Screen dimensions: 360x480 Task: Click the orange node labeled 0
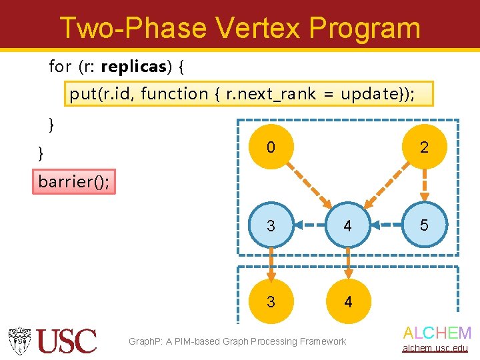(270, 147)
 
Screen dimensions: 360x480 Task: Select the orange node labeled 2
(423, 147)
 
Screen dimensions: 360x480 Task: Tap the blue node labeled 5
(423, 225)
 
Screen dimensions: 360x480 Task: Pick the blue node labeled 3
(270, 225)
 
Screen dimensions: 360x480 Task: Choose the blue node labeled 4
(347, 225)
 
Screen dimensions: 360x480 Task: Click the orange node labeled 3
(270, 302)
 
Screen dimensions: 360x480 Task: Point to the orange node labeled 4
(347, 302)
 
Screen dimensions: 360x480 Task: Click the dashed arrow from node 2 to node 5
(423, 185)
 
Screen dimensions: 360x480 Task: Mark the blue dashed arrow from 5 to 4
(385, 225)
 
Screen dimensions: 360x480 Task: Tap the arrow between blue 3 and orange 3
(270, 264)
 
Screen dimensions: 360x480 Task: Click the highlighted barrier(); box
(74, 181)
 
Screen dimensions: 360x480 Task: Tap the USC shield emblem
(20, 341)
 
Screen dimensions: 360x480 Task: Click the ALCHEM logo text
(437, 333)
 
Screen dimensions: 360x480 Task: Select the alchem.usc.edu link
(437, 349)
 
